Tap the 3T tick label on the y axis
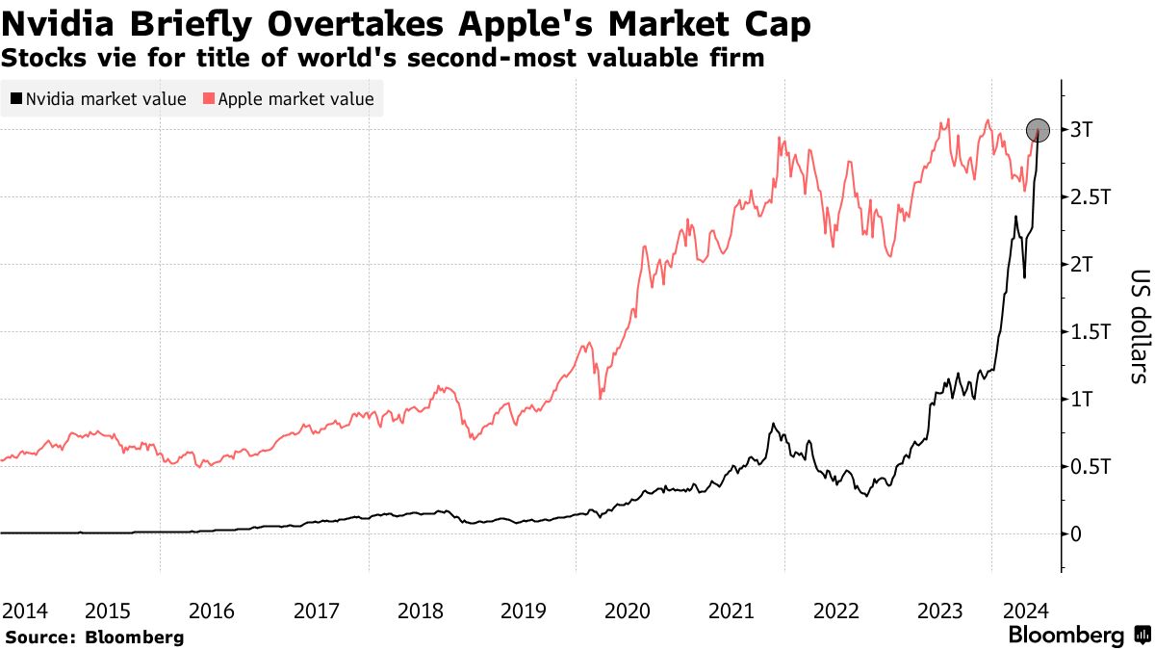click(x=1083, y=130)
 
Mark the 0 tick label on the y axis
click(x=1076, y=533)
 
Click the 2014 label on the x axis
click(x=25, y=611)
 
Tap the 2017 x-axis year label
click(x=316, y=611)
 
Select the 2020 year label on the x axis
click(x=628, y=611)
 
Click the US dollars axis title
click(x=1137, y=326)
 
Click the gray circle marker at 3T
click(x=1038, y=130)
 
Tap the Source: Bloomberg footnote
click(x=94, y=637)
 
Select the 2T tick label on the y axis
click(x=1083, y=265)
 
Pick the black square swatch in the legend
click(x=16, y=98)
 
